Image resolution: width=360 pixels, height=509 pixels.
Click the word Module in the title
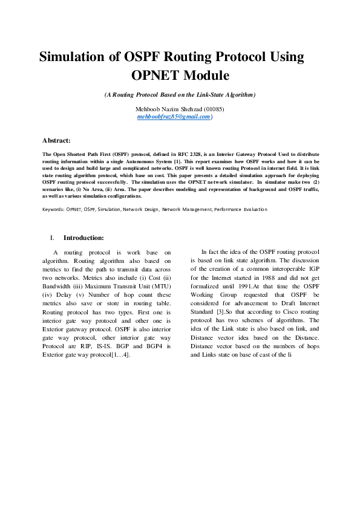(204, 76)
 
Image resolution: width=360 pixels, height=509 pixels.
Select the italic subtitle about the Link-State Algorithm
(180, 95)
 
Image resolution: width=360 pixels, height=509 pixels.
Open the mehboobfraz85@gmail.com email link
(173, 116)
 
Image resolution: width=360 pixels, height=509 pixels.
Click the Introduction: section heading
(83, 238)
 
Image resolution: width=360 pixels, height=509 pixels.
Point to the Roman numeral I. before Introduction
(53, 238)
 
